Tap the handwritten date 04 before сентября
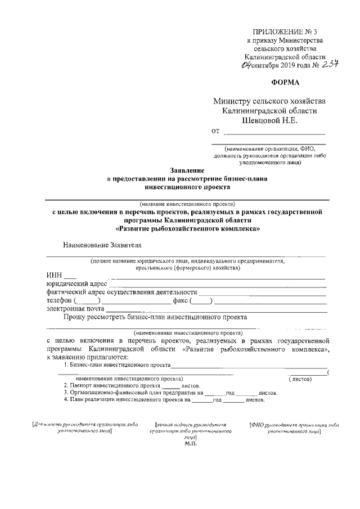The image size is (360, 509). tap(245, 66)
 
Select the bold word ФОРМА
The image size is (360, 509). tap(287, 81)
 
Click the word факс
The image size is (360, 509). tap(181, 301)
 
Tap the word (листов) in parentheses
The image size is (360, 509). tap(300, 379)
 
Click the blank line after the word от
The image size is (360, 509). tap(274, 133)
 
